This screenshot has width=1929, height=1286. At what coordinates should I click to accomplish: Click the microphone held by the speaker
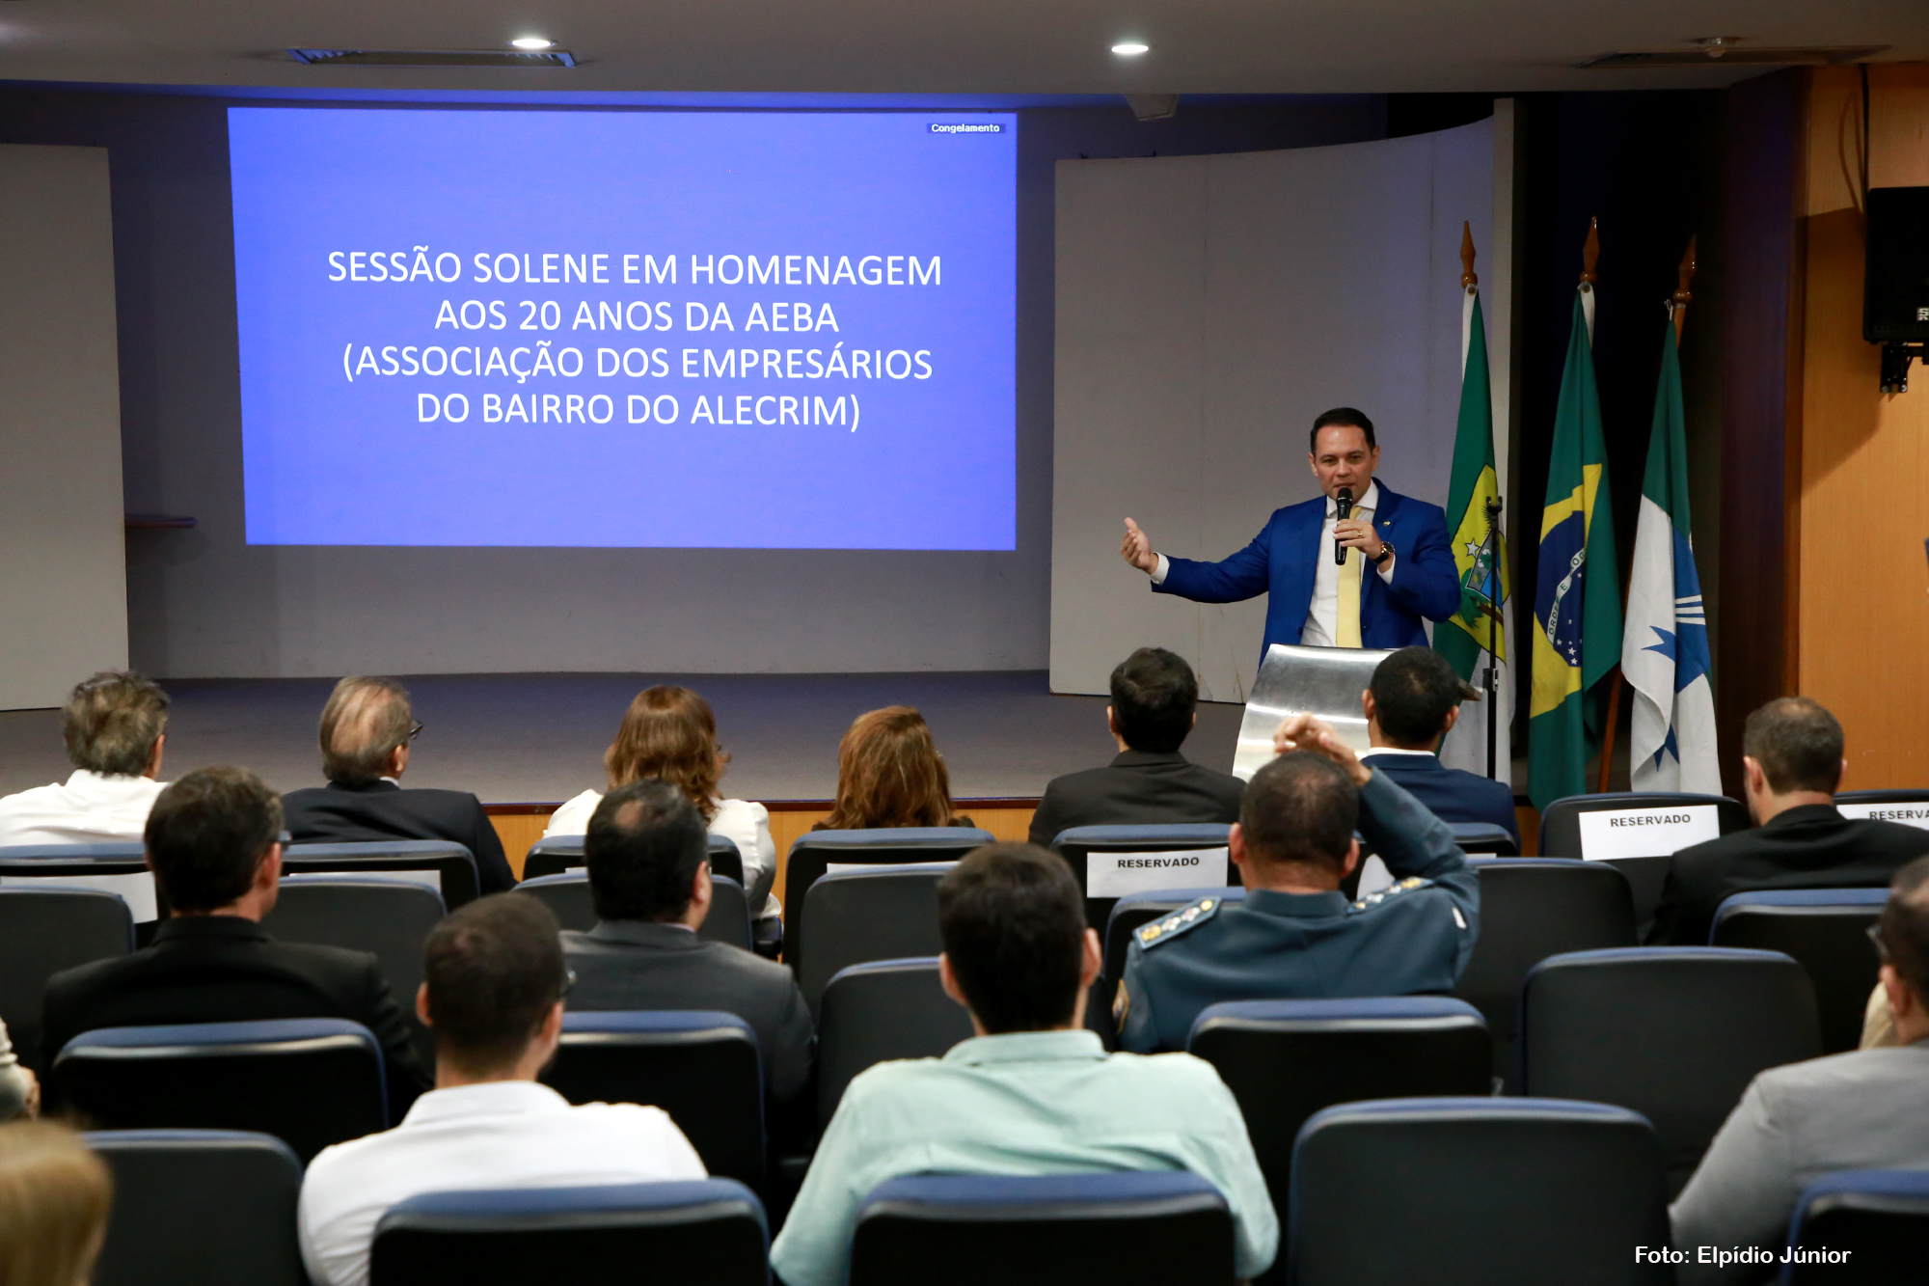1342,525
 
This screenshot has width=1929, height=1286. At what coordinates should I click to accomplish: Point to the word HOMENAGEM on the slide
816,271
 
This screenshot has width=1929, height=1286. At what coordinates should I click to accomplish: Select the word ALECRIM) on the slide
775,411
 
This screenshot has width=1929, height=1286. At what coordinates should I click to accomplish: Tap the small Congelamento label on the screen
965,128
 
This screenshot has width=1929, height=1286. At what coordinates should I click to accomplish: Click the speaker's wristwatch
1385,553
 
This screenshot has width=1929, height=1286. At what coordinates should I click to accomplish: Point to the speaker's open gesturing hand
1137,545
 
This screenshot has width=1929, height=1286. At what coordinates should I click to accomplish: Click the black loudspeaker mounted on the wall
1896,265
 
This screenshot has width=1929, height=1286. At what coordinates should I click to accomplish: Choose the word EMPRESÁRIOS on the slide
806,364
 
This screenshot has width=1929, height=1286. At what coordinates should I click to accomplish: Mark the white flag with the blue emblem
1671,569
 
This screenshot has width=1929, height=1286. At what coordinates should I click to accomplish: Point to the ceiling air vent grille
433,58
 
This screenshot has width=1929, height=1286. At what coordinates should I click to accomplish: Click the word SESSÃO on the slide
394,268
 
